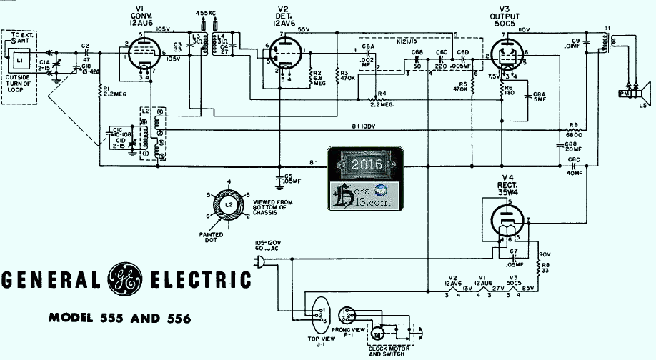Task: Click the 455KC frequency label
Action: [x=207, y=14]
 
